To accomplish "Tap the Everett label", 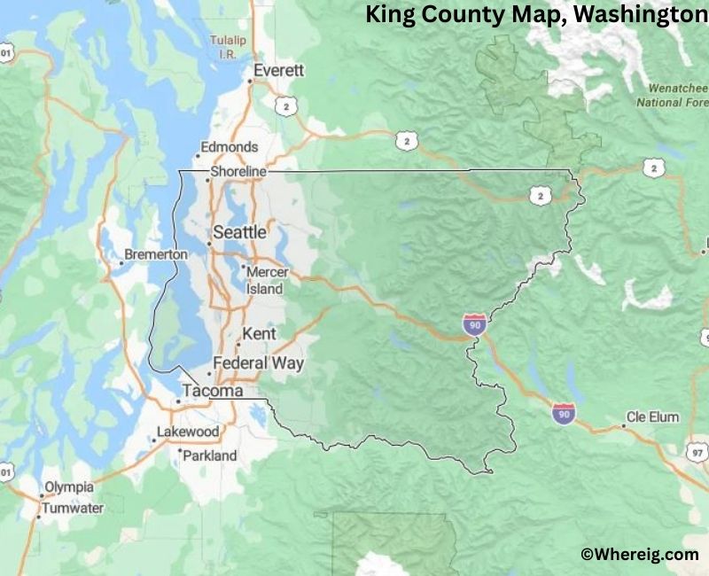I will [x=278, y=70].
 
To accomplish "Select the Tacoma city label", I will [x=212, y=391].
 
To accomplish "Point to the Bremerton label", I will [x=155, y=254].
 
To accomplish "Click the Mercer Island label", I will [x=266, y=280].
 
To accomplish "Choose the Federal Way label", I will [x=258, y=363].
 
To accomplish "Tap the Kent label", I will [x=259, y=334].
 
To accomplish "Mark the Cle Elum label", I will [x=652, y=416].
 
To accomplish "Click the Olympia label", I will [x=69, y=487].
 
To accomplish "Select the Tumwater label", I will [x=73, y=509].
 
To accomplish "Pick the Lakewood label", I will [x=188, y=432].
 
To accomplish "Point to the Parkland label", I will [x=210, y=455].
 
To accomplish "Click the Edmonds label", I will [x=230, y=147].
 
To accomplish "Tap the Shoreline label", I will [x=238, y=171].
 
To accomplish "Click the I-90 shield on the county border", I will [x=474, y=324].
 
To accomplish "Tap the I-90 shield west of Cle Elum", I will [x=562, y=412].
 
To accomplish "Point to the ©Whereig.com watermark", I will [x=639, y=554].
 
